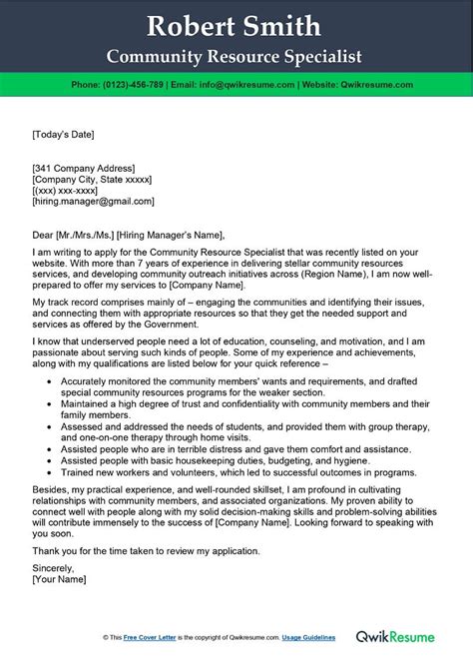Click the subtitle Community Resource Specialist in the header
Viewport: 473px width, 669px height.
pyautogui.click(x=236, y=56)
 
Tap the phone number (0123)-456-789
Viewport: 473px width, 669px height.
pyautogui.click(x=146, y=86)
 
